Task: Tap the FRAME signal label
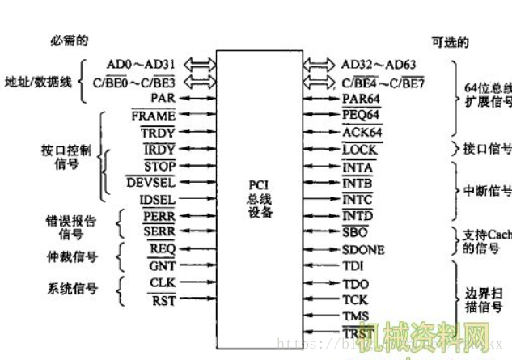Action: click(154, 115)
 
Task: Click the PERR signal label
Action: click(159, 216)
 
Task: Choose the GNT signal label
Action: click(162, 265)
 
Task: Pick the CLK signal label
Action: click(162, 282)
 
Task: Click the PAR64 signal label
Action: click(361, 98)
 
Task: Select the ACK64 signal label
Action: click(362, 132)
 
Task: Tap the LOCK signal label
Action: click(360, 149)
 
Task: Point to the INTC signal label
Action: click(358, 199)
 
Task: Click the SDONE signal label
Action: click(363, 250)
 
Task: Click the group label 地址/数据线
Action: click(38, 82)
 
